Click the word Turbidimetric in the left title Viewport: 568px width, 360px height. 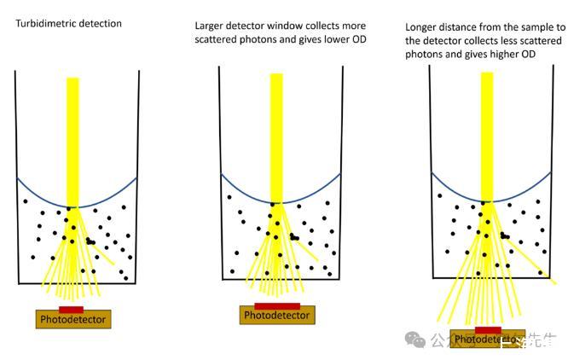pyautogui.click(x=43, y=23)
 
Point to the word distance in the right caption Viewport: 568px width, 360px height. pyautogui.click(x=466, y=27)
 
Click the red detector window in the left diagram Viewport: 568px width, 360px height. pyautogui.click(x=71, y=309)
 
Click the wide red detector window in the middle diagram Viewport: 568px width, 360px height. pyautogui.click(x=276, y=305)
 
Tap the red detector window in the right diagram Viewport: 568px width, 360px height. pyautogui.click(x=488, y=329)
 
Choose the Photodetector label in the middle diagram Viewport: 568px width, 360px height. pyautogui.click(x=276, y=316)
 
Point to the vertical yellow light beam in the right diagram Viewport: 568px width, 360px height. pyautogui.click(x=487, y=136)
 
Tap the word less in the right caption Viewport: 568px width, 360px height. pyautogui.click(x=503, y=40)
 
